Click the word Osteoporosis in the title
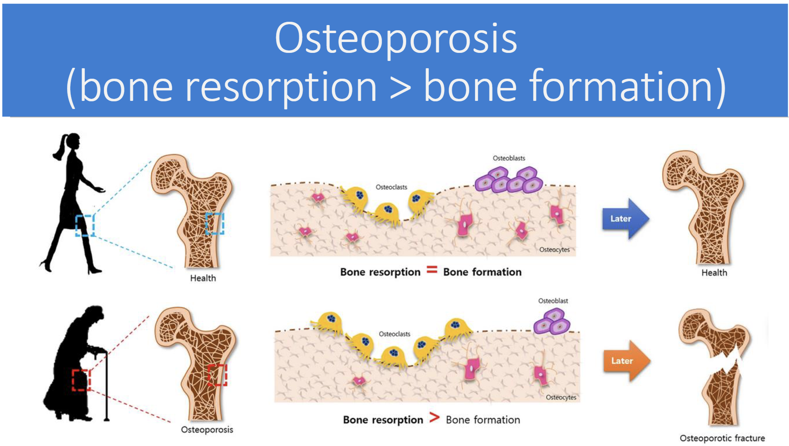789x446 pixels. coord(396,38)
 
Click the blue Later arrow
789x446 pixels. coord(625,219)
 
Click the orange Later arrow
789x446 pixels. coord(626,361)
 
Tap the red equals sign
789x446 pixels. coord(432,270)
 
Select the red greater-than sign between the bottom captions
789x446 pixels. coord(435,418)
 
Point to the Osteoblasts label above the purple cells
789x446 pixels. coord(509,158)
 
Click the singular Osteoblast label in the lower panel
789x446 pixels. coord(553,301)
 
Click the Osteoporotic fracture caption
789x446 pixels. coord(722,438)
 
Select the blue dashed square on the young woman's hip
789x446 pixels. coord(85,225)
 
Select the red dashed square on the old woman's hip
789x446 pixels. coord(81,380)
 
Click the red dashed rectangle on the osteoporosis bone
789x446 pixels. coord(217,375)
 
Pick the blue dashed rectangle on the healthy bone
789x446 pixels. coord(215,223)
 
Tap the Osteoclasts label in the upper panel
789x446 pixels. coord(391,187)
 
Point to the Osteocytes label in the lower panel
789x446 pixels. coord(561,397)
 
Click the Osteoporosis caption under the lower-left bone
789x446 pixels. coord(207,429)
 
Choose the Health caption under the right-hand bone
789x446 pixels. coord(714,273)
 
